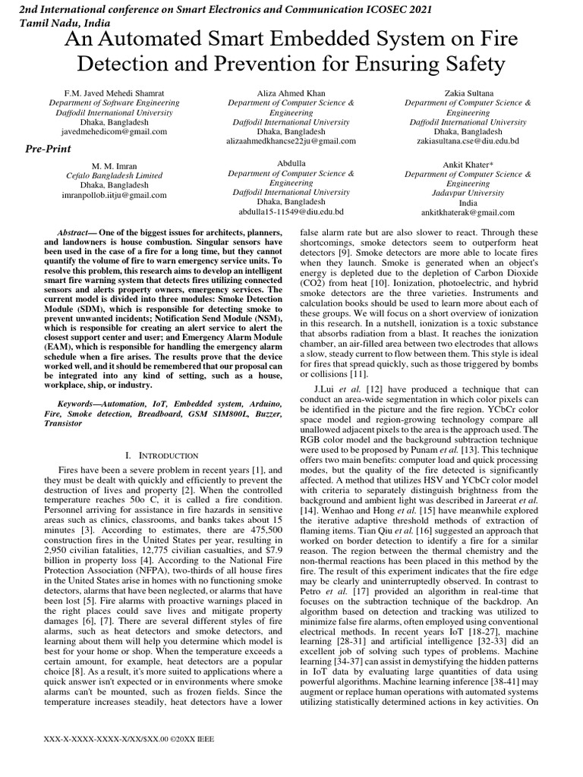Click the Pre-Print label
pos(49,149)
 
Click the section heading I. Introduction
pos(161,455)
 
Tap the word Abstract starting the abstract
pos(77,232)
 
